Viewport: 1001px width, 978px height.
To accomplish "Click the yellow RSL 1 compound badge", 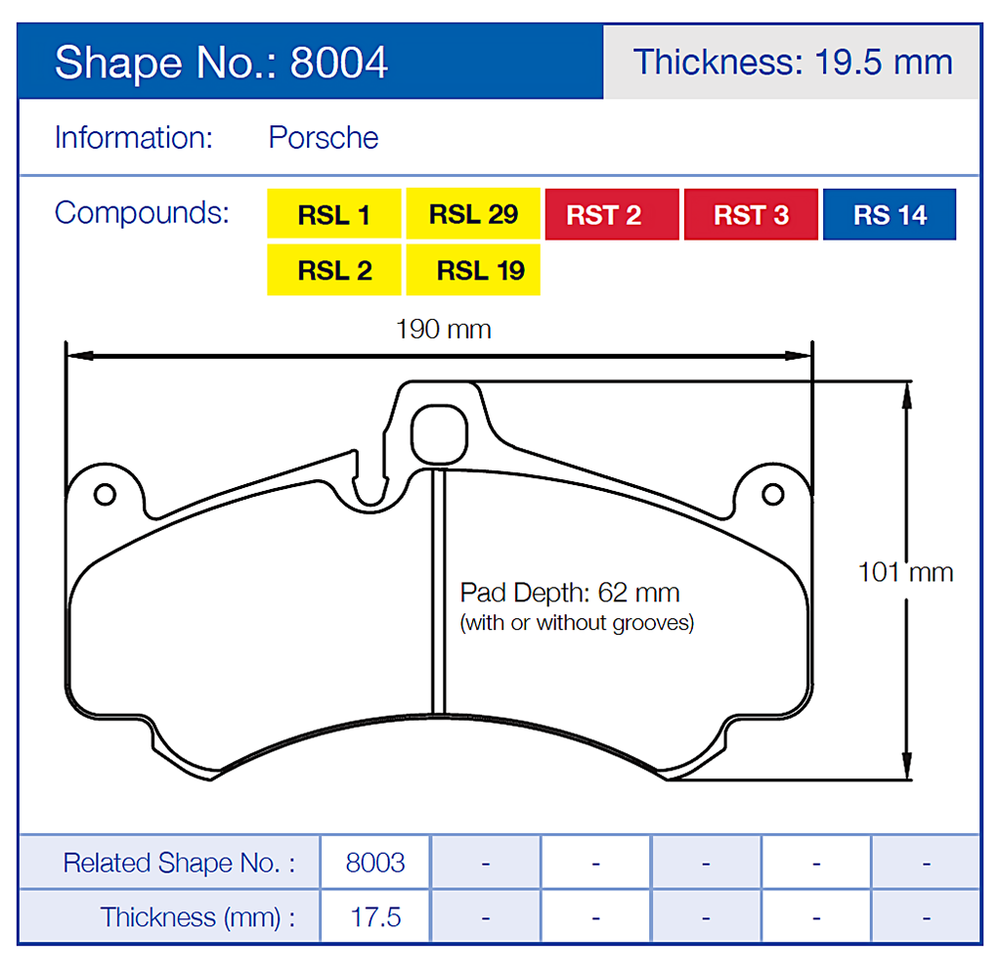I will coord(334,214).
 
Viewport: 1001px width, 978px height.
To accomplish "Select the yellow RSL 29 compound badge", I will coord(473,214).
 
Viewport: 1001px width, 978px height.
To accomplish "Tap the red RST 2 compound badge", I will coord(612,214).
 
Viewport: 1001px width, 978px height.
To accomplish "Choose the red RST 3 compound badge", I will coord(751,214).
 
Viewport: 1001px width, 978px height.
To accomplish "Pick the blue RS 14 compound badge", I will coord(890,214).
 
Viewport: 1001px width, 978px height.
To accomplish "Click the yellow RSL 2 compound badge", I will coord(334,270).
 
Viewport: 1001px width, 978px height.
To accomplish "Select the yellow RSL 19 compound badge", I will coord(473,270).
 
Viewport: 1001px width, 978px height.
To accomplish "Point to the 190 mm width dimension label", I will coord(443,329).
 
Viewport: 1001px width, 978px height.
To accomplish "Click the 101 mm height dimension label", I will coord(905,571).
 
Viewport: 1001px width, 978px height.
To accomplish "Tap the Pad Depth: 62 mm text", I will coord(570,593).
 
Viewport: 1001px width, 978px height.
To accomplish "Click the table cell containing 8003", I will coord(375,863).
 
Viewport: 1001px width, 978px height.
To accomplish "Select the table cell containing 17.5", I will coord(375,917).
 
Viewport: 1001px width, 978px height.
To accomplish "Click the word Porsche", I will coord(324,138).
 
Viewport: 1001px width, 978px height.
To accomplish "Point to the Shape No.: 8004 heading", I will coord(222,63).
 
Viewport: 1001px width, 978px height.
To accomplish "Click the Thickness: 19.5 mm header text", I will coord(793,63).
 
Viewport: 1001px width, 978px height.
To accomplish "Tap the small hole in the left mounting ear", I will coord(104,494).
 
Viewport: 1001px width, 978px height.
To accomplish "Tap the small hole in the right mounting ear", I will coord(773,494).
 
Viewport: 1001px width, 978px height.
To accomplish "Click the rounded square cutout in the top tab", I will coord(437,433).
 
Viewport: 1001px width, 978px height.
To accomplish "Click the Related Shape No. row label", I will coord(178,863).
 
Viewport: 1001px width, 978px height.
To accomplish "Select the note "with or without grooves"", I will coord(577,623).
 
